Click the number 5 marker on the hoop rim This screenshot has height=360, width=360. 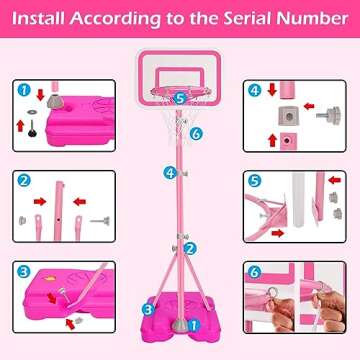click(x=179, y=98)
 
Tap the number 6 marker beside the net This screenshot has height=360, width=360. click(x=197, y=132)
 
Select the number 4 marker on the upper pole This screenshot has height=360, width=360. click(x=171, y=172)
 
